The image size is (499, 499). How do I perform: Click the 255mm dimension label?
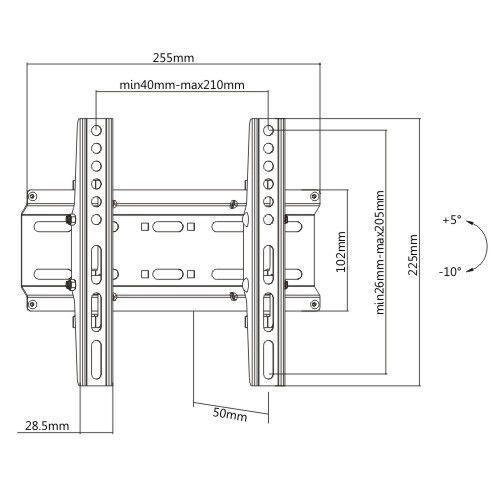[x=173, y=58]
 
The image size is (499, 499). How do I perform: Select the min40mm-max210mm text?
[x=182, y=85]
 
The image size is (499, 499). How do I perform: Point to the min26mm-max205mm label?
[x=380, y=252]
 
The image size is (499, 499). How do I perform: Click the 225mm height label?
[x=413, y=255]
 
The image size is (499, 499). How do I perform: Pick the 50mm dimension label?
[x=230, y=414]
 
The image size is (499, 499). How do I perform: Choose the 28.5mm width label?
[x=47, y=426]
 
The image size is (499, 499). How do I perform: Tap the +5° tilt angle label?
[x=452, y=220]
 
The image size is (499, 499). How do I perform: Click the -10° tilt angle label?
[x=450, y=272]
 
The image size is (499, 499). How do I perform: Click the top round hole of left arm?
[x=96, y=130]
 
